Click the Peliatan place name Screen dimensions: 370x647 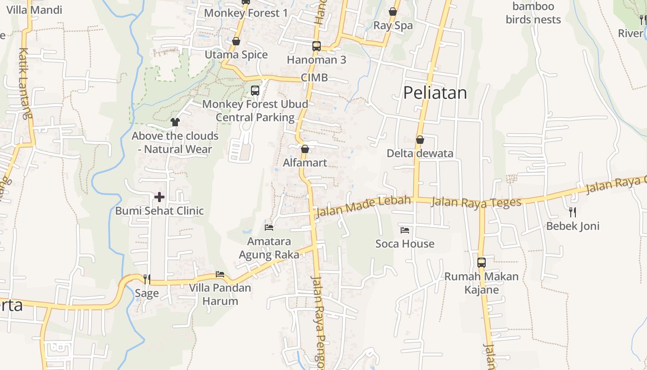[x=435, y=93]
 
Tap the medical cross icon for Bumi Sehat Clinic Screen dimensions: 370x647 [x=159, y=197]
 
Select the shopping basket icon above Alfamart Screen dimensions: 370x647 [x=305, y=149]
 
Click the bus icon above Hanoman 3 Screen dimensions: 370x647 [x=317, y=46]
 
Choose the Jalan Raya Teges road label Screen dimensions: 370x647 [x=476, y=202]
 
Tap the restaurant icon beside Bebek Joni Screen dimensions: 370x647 [x=573, y=212]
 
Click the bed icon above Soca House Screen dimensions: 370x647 [x=405, y=230]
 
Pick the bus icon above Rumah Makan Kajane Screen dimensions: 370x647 [x=482, y=263]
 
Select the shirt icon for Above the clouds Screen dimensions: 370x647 [x=175, y=122]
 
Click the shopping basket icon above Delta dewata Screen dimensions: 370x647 [x=420, y=140]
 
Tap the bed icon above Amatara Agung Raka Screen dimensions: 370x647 [x=269, y=227]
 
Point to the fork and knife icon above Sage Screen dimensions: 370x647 [x=147, y=279]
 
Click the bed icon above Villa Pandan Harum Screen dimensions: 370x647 [x=220, y=274]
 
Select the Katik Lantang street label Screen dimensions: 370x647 [x=24, y=83]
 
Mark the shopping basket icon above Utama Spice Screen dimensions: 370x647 [x=236, y=42]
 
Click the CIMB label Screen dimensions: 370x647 [x=314, y=78]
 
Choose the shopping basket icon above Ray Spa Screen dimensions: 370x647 [x=393, y=12]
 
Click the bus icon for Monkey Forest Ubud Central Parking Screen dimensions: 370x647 [x=255, y=91]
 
